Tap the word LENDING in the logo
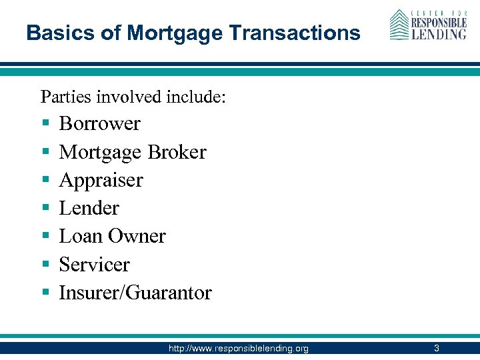pyautogui.click(x=438, y=33)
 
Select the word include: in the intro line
pyautogui.click(x=196, y=97)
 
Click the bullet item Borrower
pyautogui.click(x=99, y=124)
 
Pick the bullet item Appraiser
pyautogui.click(x=101, y=180)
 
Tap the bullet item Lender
pyautogui.click(x=89, y=208)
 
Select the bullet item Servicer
pyautogui.click(x=94, y=264)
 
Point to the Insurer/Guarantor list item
pyautogui.click(x=135, y=293)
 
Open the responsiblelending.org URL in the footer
pyautogui.click(x=239, y=348)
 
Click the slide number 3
pyautogui.click(x=436, y=348)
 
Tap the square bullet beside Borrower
pyautogui.click(x=45, y=125)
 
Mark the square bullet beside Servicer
pyautogui.click(x=45, y=265)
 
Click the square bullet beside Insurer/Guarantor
pyautogui.click(x=45, y=293)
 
